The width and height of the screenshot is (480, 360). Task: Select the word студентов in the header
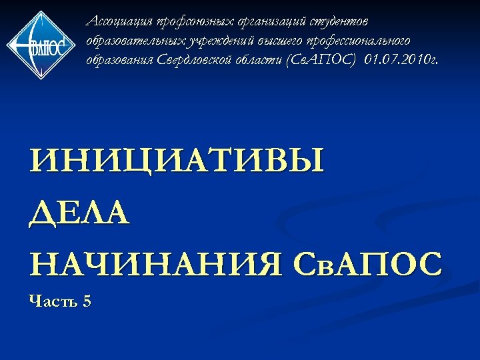[x=344, y=22]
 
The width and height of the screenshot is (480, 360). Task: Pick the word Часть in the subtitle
[x=52, y=301]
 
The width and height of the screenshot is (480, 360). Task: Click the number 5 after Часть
[x=87, y=301]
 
